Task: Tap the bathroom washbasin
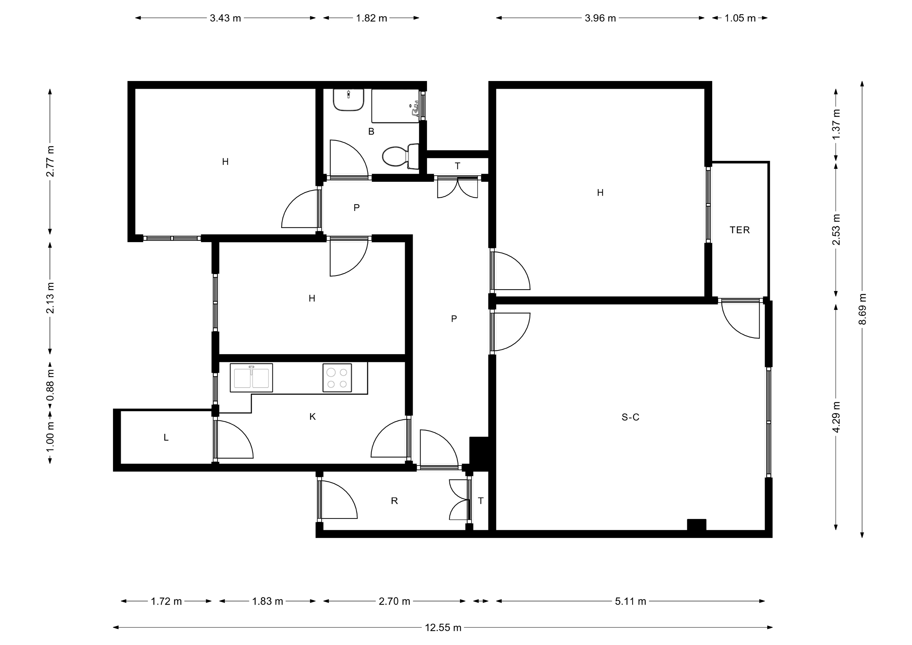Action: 348,100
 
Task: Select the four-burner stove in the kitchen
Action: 337,378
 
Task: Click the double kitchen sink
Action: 251,378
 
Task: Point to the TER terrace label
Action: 740,230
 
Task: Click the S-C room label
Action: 630,417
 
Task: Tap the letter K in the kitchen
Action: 313,416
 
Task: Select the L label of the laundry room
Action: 166,438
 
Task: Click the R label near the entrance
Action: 394,501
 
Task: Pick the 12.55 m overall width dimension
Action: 443,627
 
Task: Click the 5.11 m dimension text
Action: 631,601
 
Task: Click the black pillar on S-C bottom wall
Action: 697,525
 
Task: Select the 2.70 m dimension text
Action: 394,601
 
